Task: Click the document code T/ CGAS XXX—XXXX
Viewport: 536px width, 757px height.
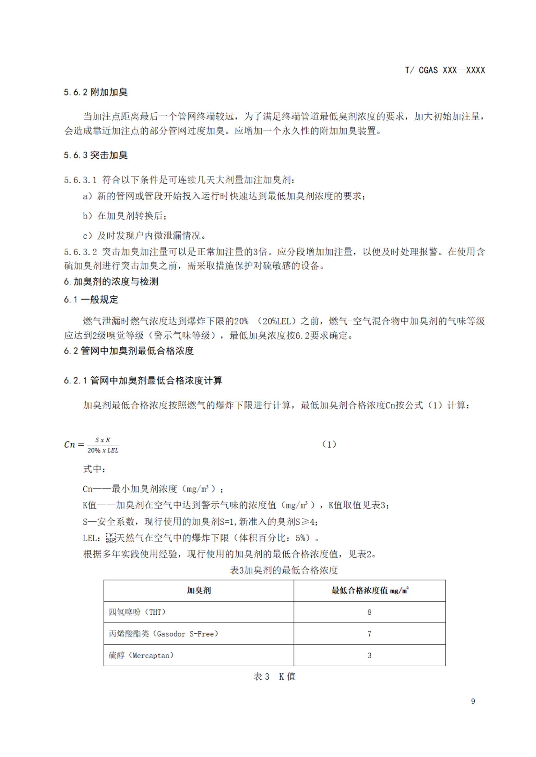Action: [445, 70]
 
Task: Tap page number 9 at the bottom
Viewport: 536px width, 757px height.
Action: [473, 701]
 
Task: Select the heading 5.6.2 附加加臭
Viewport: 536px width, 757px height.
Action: [96, 92]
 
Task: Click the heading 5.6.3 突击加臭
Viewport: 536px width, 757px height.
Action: [96, 155]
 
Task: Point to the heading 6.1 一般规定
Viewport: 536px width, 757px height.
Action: [91, 299]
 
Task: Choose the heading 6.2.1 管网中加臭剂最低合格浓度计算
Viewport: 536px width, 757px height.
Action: [143, 381]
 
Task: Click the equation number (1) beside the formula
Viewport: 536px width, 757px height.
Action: [329, 444]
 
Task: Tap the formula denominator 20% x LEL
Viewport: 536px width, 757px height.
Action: [103, 450]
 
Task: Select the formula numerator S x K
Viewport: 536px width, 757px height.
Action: [103, 440]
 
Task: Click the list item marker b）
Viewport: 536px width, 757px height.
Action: [88, 216]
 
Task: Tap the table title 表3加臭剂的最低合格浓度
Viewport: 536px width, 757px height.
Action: [284, 570]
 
